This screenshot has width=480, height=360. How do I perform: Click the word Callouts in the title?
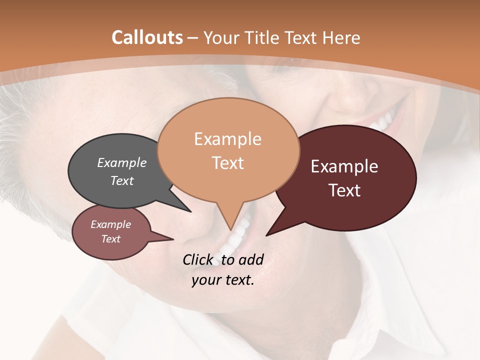tap(147, 37)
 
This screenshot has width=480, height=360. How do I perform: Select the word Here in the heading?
tap(341, 37)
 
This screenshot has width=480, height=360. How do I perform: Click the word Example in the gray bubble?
tap(122, 162)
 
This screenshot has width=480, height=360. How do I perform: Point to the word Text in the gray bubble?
tap(122, 180)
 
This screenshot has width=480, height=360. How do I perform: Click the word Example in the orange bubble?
tap(227, 139)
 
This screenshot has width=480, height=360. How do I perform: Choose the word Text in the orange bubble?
tap(227, 163)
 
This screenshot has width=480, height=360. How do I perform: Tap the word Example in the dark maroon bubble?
tap(344, 166)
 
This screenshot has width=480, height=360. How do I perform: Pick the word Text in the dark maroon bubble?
tap(344, 190)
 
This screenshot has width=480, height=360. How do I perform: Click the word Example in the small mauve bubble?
tap(111, 224)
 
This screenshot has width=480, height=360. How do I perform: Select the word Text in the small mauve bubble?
tap(111, 239)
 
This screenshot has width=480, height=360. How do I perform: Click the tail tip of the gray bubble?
tap(191, 212)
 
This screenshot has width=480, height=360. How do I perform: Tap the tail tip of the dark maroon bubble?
tap(266, 235)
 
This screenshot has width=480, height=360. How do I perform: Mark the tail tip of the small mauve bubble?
tap(173, 239)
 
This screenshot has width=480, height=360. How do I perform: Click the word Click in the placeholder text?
tap(197, 259)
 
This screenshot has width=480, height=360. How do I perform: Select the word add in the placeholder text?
tap(251, 259)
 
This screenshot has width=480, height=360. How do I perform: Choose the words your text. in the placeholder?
tap(223, 280)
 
